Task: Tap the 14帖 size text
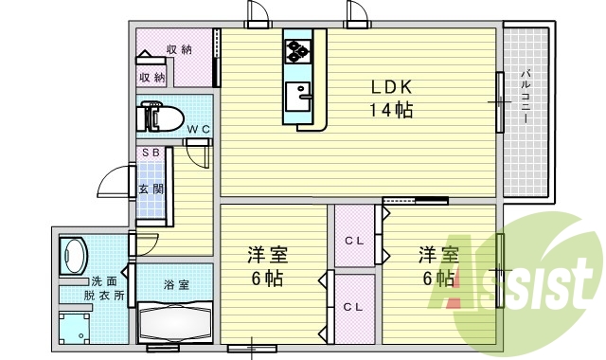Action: click(390, 109)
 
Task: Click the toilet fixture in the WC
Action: click(162, 117)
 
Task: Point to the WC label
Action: click(197, 130)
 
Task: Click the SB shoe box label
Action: click(151, 152)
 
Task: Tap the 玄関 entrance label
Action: click(151, 188)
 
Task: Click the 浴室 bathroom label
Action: click(175, 283)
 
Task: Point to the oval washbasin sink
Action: click(73, 255)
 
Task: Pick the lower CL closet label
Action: click(353, 307)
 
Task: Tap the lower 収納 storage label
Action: click(152, 78)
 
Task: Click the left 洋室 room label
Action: click(267, 267)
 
